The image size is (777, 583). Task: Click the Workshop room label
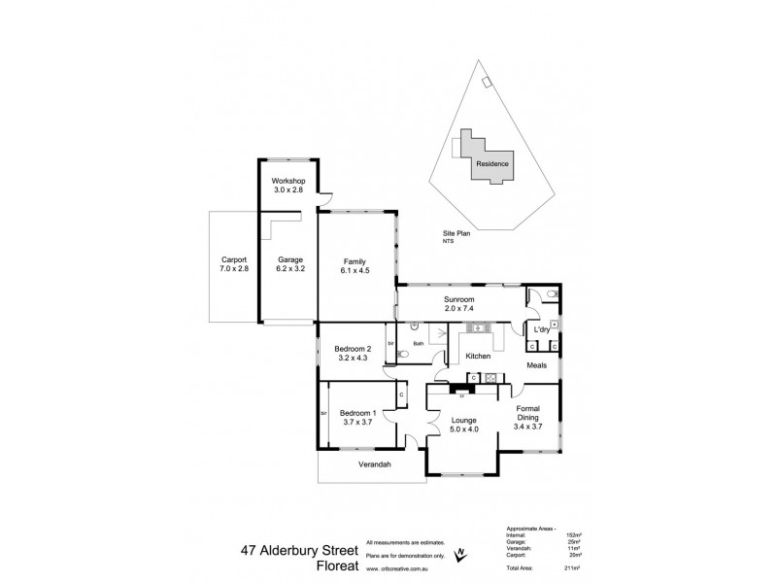click(x=288, y=182)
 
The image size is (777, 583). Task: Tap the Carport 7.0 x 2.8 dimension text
click(x=234, y=268)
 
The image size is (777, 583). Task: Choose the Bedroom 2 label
click(x=353, y=349)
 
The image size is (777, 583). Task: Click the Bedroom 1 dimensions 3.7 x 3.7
click(x=358, y=423)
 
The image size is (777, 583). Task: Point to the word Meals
click(x=536, y=365)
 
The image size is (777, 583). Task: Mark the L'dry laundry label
click(x=542, y=330)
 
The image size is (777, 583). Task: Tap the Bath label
click(x=418, y=342)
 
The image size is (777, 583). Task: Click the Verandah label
click(x=373, y=465)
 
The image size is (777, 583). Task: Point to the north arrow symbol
click(x=460, y=554)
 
